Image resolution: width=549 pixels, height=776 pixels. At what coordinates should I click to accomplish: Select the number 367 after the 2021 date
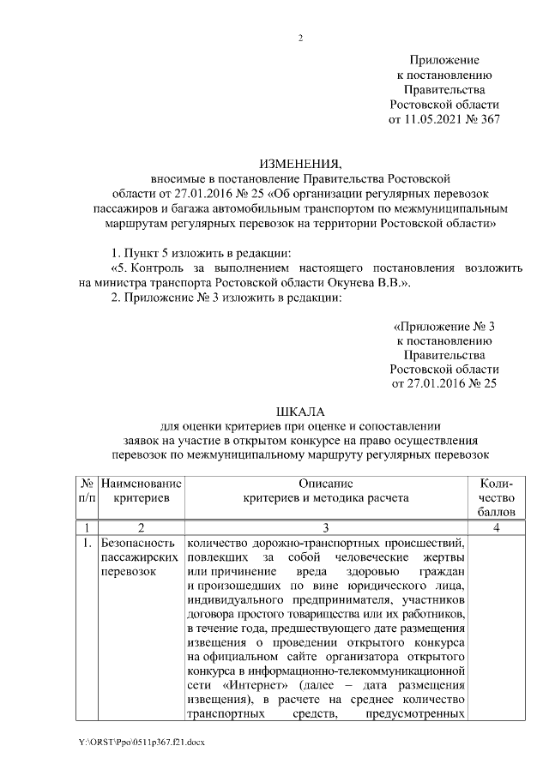488,120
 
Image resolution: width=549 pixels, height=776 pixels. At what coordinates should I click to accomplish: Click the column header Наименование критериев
141,490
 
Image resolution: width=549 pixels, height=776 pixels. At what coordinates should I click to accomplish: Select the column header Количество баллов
498,497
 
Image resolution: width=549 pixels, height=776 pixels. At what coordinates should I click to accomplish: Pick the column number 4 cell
498,527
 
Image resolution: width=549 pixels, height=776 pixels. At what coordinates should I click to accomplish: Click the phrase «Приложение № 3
444,328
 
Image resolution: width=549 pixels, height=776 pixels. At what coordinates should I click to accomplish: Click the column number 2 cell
141,527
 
